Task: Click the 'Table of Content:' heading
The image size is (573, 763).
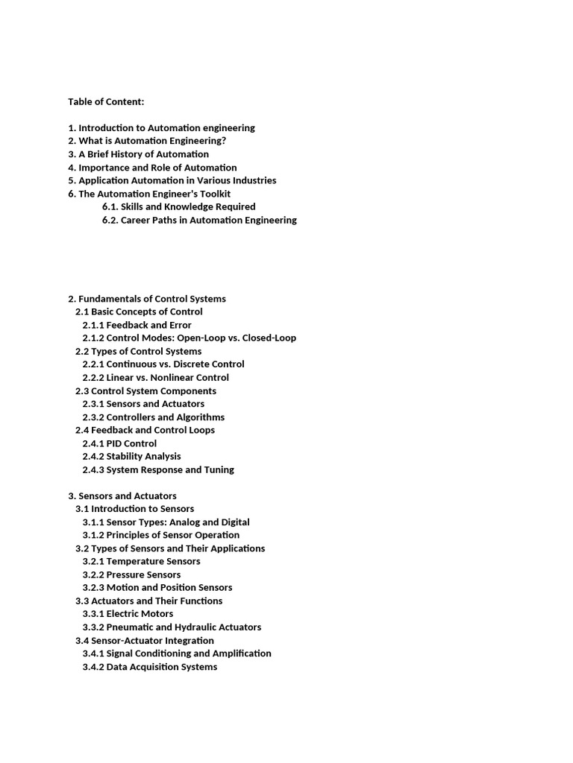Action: click(x=106, y=101)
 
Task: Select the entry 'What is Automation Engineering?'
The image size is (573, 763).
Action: click(x=152, y=141)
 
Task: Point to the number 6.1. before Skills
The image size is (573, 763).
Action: click(x=110, y=206)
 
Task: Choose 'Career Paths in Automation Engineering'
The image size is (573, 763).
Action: click(x=209, y=220)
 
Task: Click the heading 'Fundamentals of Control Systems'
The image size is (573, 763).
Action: click(x=152, y=299)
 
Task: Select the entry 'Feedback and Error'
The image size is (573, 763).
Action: click(x=148, y=325)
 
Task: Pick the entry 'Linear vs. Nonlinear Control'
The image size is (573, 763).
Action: click(x=167, y=378)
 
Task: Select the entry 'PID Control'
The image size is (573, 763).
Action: click(x=131, y=443)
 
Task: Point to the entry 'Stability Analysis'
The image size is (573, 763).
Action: click(x=143, y=456)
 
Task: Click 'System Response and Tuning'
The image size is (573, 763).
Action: click(x=170, y=469)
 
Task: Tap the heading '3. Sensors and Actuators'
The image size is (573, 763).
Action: click(x=122, y=496)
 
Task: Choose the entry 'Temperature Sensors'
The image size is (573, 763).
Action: click(x=153, y=561)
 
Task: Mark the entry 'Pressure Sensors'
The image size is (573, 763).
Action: click(x=143, y=574)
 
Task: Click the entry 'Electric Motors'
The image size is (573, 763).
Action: click(x=140, y=614)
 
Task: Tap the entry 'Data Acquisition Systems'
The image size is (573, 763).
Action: click(x=162, y=667)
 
